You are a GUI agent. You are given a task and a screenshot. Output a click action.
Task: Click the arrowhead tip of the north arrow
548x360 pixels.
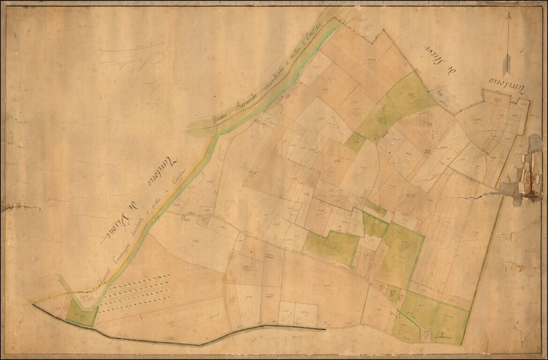[x=508, y=13]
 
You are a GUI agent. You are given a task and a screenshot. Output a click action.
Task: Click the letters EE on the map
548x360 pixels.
[x=427, y=151]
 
